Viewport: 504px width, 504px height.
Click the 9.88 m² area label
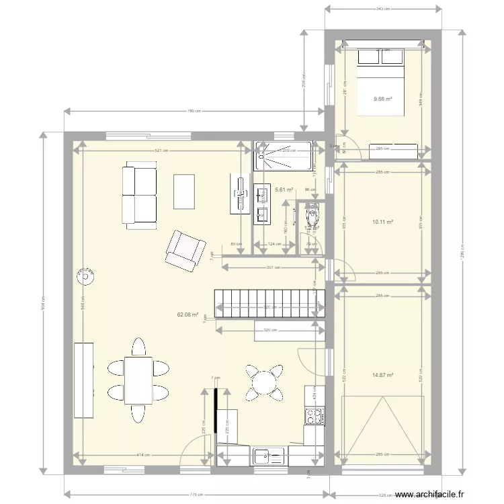[382, 98]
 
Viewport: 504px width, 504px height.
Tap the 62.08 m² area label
[187, 314]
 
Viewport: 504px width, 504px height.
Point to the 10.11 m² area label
[382, 221]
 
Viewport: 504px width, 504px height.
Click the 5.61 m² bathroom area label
[285, 190]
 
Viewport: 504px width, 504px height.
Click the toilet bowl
[311, 218]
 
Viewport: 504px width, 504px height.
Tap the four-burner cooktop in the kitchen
[314, 415]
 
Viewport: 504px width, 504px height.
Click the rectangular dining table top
[138, 380]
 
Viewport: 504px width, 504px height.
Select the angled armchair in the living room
[185, 250]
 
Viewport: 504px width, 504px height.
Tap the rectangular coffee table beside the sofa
[184, 191]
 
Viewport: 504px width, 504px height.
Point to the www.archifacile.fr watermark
[429, 494]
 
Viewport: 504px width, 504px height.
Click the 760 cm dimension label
[191, 112]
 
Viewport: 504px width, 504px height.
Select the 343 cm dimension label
[383, 9]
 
